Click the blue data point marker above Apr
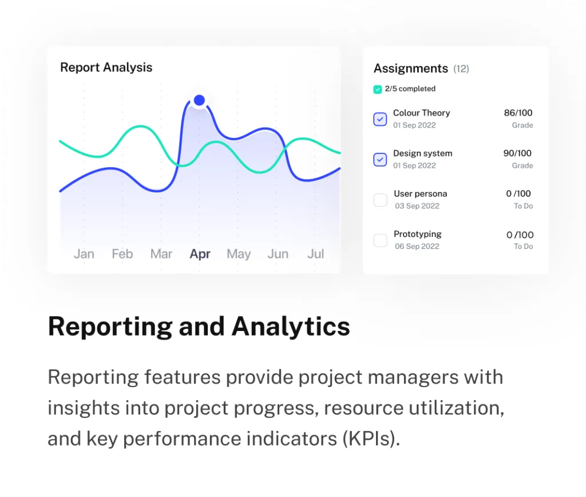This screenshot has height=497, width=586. tap(199, 100)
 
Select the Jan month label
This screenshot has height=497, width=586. tap(84, 254)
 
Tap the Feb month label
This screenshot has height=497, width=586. tap(122, 254)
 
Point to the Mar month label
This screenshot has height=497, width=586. tap(161, 254)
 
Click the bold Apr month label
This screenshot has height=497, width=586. tap(200, 254)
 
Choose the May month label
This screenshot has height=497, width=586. tap(239, 254)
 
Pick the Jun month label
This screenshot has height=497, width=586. tap(278, 254)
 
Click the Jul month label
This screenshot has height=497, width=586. tap(316, 254)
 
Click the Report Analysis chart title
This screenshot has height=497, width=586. tap(106, 68)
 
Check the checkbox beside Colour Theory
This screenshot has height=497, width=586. tap(380, 119)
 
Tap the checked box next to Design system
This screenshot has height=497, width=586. tap(380, 160)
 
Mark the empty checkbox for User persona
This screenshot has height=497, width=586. tap(380, 200)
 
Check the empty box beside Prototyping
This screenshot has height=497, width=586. tap(380, 240)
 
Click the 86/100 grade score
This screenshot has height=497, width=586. tap(518, 113)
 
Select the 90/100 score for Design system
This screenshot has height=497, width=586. tap(517, 153)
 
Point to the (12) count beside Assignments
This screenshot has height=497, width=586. tap(461, 69)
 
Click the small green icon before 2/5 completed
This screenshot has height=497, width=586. tap(378, 89)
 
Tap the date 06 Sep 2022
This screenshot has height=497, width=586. tap(417, 246)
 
